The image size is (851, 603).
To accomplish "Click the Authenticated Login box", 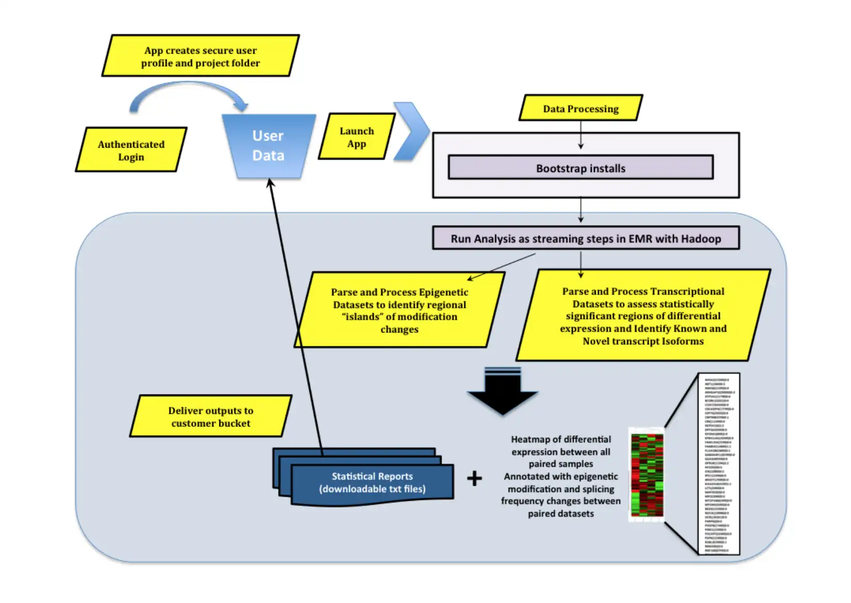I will click(x=131, y=150).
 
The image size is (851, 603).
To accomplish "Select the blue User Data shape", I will click(x=268, y=146).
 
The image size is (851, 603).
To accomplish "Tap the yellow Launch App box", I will click(x=356, y=137).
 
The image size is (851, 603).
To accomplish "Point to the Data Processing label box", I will click(x=580, y=108).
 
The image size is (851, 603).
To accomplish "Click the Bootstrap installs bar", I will click(x=580, y=168).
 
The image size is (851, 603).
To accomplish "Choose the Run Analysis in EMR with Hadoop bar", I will click(x=586, y=239).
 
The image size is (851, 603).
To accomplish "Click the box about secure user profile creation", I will click(x=200, y=56).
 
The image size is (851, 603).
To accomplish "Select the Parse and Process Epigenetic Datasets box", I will click(x=399, y=310).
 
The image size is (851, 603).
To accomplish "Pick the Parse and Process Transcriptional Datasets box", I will click(x=643, y=315).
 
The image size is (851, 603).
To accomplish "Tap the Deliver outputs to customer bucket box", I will click(x=211, y=417).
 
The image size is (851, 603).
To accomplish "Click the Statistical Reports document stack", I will click(x=372, y=482).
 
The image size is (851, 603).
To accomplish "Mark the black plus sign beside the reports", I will click(x=474, y=479).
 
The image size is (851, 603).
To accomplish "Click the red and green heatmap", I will click(x=647, y=474).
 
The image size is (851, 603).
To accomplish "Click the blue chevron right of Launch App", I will click(x=412, y=131).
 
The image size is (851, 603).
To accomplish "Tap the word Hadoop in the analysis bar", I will click(x=701, y=239).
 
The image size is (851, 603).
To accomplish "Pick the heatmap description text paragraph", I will click(x=561, y=476).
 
